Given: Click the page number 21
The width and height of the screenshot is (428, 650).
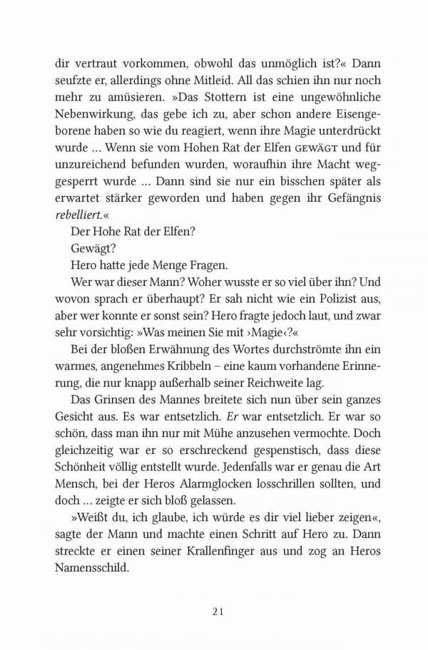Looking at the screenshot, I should (219, 611).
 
